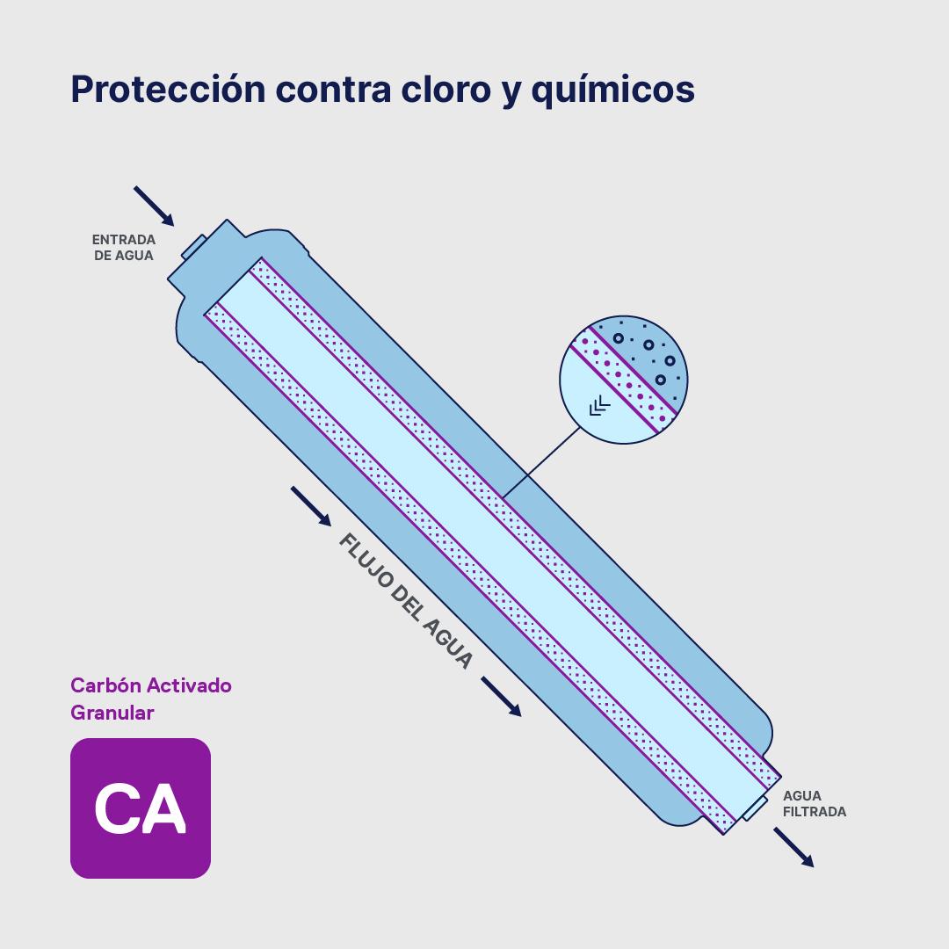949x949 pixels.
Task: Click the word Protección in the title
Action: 167,90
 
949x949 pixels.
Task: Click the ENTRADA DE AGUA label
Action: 124,248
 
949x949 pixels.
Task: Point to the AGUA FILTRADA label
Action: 815,804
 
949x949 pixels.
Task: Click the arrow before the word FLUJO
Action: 311,506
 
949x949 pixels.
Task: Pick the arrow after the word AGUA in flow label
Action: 501,696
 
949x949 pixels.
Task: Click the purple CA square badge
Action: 141,808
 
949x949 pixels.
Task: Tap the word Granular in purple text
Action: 112,713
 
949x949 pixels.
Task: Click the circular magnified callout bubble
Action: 624,380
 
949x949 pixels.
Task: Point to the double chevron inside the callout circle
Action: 600,405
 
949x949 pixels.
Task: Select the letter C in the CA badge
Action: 117,808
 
